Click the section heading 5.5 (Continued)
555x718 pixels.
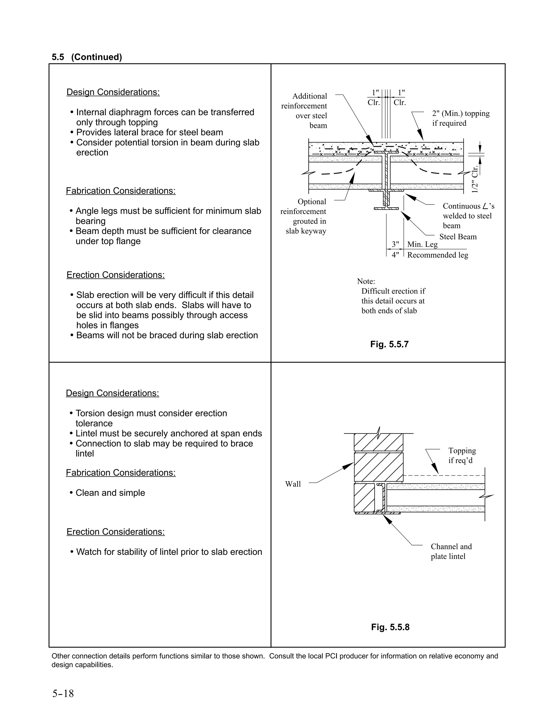click(x=87, y=57)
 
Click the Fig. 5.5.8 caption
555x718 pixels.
click(x=390, y=627)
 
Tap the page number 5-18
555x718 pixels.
click(x=63, y=694)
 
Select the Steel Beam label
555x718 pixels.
click(x=458, y=237)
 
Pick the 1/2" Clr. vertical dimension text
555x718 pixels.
click(x=475, y=179)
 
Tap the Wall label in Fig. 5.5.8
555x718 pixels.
click(x=293, y=484)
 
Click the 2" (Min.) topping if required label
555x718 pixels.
click(x=460, y=118)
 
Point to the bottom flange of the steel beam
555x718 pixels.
click(x=386, y=208)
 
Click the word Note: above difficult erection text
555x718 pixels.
click(x=366, y=282)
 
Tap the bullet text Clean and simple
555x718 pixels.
click(x=110, y=493)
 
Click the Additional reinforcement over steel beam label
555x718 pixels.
click(x=304, y=111)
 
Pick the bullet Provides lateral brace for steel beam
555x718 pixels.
click(x=149, y=132)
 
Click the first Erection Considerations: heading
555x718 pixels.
click(x=115, y=275)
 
